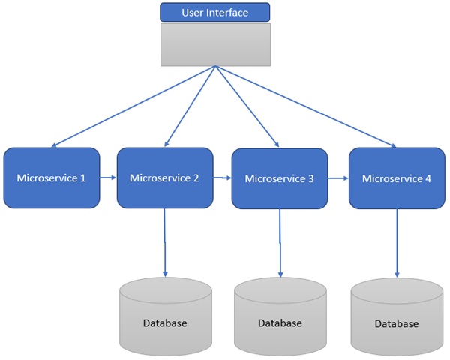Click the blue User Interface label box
214,12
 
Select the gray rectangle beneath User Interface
214,44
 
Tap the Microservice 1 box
51,178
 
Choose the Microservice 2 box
164,178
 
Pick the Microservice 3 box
279,178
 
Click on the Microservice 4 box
396,178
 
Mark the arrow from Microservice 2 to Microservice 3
221,178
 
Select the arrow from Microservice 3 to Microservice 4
338,178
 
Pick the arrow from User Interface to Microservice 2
190,106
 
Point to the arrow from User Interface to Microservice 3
247,106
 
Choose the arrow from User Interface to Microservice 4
305,106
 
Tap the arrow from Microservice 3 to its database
280,243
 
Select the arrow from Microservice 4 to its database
397,243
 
